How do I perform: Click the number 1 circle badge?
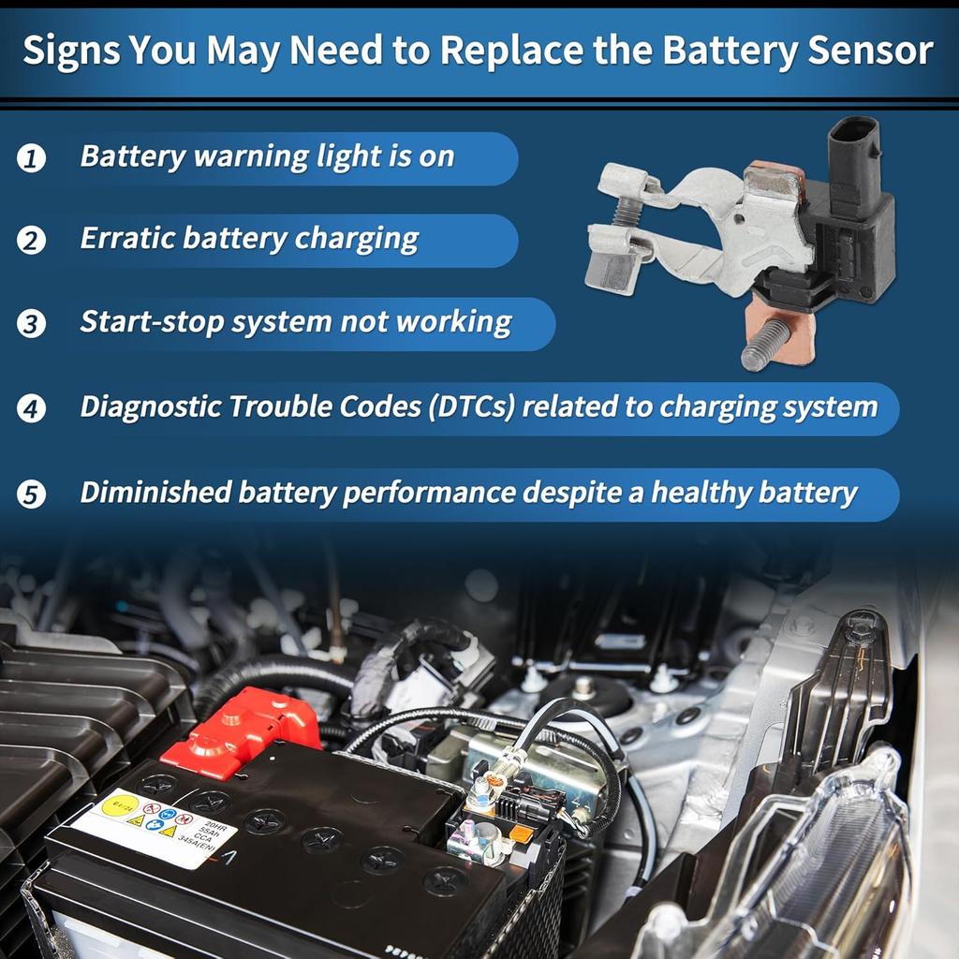31,158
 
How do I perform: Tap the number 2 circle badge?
31,241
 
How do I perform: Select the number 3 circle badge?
31,324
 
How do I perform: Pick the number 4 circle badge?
31,409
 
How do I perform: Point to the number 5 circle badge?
31,494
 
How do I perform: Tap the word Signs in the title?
69,52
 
